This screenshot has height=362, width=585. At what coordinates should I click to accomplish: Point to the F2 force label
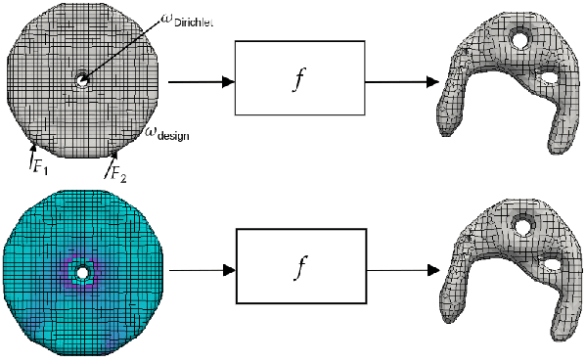116,174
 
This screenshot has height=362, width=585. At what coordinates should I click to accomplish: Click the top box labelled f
300,83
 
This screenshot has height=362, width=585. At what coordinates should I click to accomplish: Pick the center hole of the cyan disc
82,271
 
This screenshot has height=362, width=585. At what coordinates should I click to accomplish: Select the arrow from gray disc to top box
202,83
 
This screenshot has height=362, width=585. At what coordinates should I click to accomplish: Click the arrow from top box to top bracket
401,83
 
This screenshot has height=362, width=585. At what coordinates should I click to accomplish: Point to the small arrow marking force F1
34,149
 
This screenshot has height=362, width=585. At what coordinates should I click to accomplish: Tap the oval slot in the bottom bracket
551,262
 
